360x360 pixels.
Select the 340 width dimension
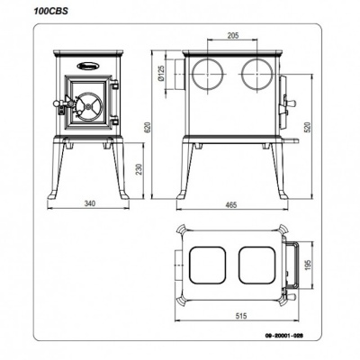87,204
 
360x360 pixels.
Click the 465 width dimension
231,204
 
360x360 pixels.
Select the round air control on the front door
88,105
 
